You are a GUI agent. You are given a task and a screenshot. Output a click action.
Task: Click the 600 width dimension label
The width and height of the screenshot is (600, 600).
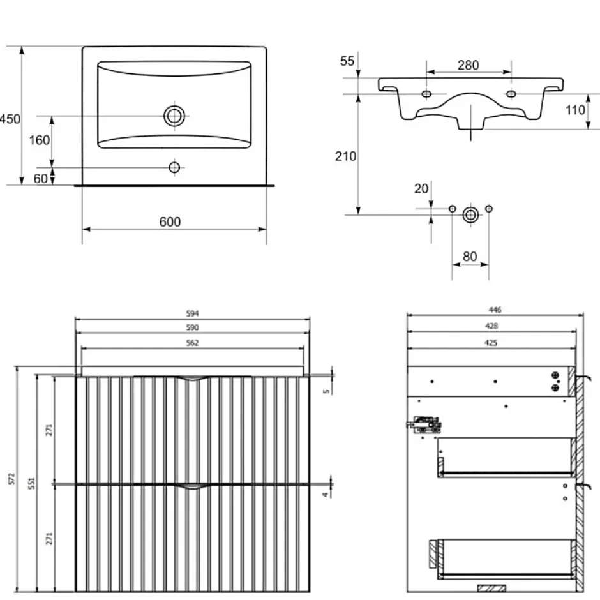click(170, 222)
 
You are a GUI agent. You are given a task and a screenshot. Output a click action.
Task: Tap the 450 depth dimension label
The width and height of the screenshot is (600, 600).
click(10, 119)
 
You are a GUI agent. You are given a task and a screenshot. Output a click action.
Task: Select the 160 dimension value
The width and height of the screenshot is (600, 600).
click(40, 140)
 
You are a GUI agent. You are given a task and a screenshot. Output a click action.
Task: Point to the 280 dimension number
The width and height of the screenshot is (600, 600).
click(469, 65)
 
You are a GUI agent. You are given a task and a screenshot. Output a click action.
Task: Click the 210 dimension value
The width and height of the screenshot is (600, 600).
click(345, 156)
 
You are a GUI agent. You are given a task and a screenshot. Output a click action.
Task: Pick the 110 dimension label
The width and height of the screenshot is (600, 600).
click(575, 110)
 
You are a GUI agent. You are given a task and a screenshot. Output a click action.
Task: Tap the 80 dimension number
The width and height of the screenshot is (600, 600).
click(470, 257)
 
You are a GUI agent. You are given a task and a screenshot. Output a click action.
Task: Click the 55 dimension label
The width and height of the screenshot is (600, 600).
click(347, 61)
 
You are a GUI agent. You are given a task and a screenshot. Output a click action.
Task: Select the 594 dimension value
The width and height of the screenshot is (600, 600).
click(193, 313)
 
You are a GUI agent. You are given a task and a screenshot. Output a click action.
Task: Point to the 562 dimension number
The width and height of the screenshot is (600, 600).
click(193, 343)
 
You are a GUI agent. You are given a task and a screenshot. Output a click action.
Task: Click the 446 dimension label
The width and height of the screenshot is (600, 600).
click(495, 310)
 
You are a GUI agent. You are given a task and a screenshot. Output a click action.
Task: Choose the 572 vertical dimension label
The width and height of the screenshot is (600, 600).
click(11, 479)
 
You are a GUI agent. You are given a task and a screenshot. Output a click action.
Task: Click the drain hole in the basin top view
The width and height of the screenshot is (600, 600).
click(174, 116)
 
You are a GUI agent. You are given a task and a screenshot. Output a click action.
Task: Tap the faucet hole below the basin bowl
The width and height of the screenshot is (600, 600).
click(174, 167)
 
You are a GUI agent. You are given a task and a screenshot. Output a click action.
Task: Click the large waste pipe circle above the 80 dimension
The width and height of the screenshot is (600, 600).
click(470, 214)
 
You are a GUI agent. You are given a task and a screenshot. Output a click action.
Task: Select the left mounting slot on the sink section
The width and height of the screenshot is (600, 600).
click(426, 94)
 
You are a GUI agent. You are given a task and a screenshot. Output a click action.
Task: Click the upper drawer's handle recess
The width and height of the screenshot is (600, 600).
click(193, 379)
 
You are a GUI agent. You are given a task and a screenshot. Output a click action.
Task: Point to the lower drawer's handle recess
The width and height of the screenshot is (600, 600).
click(193, 486)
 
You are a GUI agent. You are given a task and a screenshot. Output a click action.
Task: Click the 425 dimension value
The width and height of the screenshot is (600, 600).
click(491, 343)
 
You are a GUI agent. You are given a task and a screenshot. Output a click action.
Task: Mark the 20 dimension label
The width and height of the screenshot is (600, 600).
click(421, 189)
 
